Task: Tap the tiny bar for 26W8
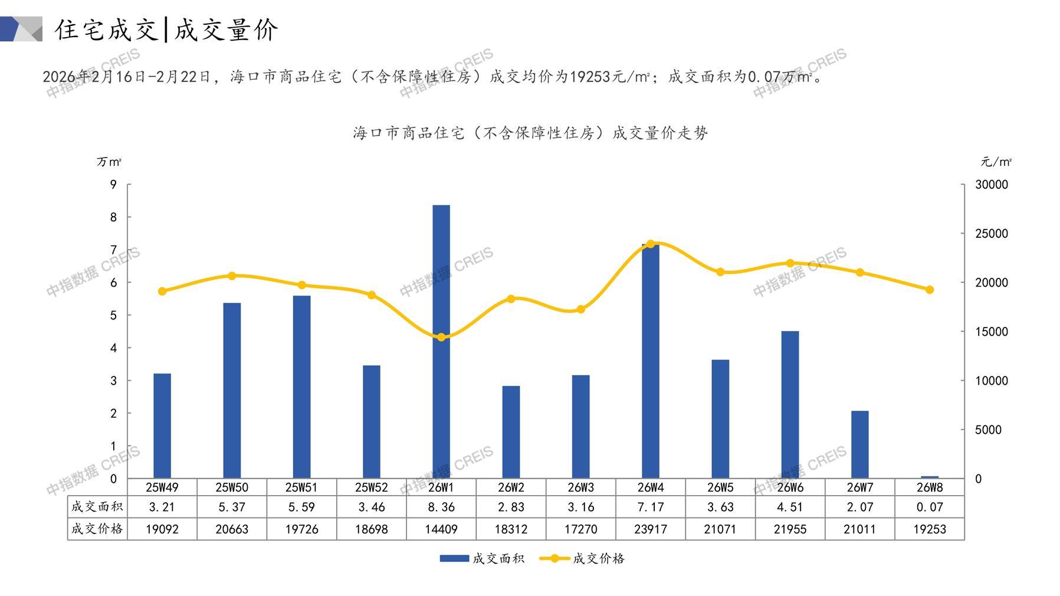(930, 477)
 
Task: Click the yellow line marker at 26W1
(441, 337)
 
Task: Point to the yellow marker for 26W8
(930, 290)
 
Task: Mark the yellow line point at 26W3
(581, 309)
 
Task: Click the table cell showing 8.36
(441, 507)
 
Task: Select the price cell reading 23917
(651, 529)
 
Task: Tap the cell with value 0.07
(930, 507)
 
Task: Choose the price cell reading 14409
(441, 529)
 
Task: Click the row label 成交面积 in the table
(97, 507)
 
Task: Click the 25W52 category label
(372, 487)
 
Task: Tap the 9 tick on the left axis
(113, 185)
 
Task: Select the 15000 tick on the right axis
(992, 332)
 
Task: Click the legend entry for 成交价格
(598, 558)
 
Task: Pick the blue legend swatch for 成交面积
(454, 558)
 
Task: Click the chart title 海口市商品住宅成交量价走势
(530, 133)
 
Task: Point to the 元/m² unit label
(996, 162)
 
